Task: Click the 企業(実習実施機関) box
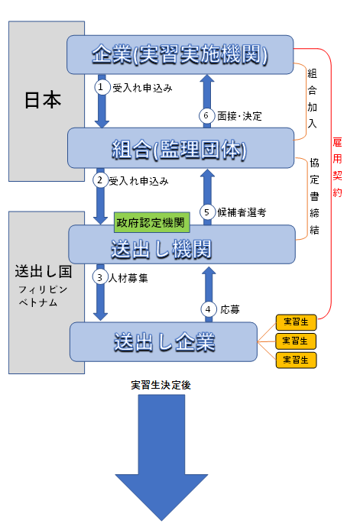click(x=180, y=55)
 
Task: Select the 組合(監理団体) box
click(x=180, y=148)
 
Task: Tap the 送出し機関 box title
click(x=161, y=250)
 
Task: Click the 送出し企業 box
click(x=164, y=341)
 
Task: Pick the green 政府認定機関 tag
click(x=151, y=222)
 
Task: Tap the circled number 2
click(x=100, y=180)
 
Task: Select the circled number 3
click(x=100, y=277)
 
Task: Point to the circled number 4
click(x=209, y=309)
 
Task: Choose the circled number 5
click(x=207, y=212)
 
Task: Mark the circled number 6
click(x=206, y=116)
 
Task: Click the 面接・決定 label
click(x=239, y=116)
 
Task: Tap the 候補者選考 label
click(x=242, y=212)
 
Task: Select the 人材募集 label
click(x=128, y=278)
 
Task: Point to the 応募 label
click(x=230, y=309)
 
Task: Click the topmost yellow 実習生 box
click(x=296, y=322)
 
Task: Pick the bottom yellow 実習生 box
click(x=296, y=360)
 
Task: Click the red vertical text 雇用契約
click(x=337, y=167)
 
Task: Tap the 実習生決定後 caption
click(x=161, y=385)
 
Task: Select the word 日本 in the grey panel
click(x=43, y=100)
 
